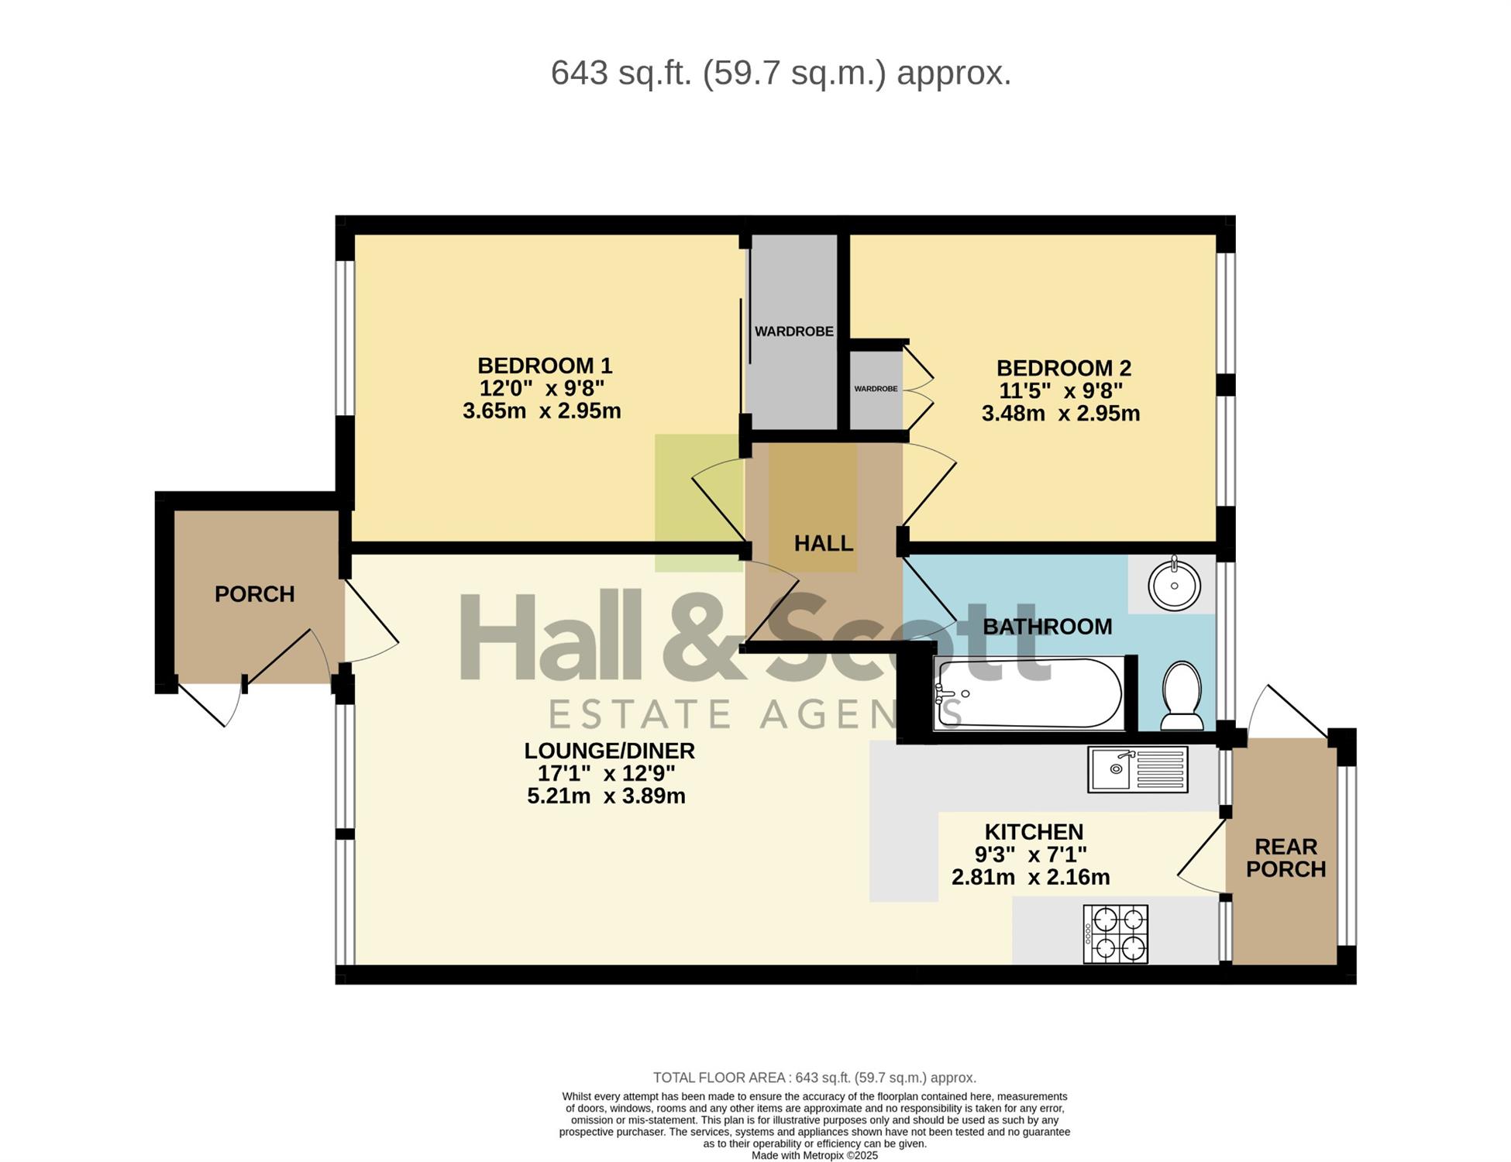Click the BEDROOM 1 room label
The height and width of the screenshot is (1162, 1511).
point(545,366)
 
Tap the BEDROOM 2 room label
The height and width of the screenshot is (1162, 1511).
point(1064,368)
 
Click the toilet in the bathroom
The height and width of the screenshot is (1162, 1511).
point(1182,695)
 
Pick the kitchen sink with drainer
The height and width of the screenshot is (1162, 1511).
point(1138,769)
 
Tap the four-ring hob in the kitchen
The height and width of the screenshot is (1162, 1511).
point(1116,934)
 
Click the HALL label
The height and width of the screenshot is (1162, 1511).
point(824,543)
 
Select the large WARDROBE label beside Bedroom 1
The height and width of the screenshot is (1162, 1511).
point(794,332)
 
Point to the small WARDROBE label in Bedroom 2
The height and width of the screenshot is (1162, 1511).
point(876,389)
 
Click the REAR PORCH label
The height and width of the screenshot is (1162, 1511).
point(1286,858)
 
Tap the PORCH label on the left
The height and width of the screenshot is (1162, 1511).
point(255,594)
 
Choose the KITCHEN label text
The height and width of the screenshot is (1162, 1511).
point(1034,832)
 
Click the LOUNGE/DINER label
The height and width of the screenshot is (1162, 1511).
point(609,751)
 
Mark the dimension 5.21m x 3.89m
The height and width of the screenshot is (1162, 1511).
point(606,796)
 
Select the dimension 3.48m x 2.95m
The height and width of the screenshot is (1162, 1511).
point(1061,414)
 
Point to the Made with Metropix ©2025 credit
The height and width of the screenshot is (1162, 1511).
point(814,1155)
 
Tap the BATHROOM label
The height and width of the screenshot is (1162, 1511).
point(1048,627)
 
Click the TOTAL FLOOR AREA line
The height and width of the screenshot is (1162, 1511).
point(814,1078)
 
